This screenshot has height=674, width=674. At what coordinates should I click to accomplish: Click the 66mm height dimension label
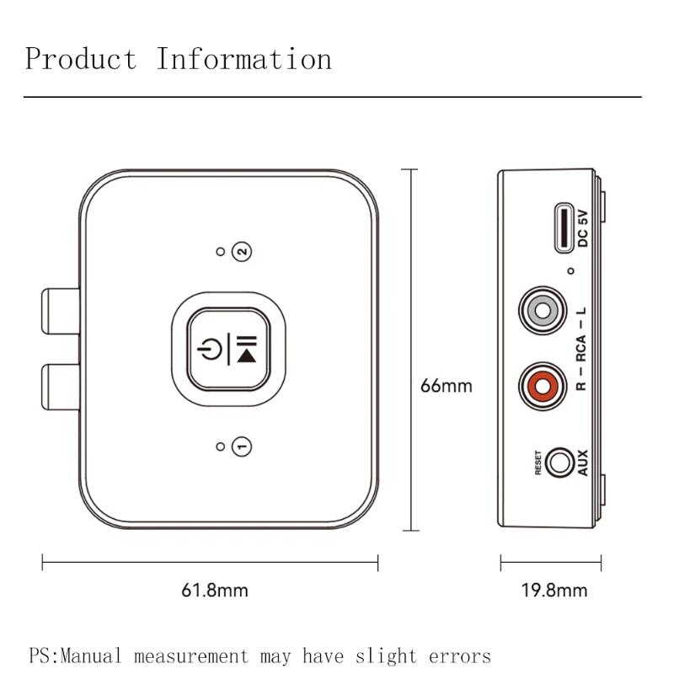pos(447,386)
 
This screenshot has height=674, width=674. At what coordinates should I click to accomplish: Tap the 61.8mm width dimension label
pos(215,590)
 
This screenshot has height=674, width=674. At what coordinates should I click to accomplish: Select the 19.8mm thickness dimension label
pos(554,590)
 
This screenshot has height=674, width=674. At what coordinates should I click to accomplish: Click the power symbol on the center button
pos(210,349)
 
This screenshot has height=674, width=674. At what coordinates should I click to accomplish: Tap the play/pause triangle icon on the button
pos(247,356)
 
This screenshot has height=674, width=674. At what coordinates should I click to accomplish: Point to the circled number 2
pos(242,251)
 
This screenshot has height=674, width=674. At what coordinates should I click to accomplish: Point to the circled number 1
pos(242,447)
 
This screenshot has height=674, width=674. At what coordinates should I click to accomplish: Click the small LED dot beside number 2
pos(221,251)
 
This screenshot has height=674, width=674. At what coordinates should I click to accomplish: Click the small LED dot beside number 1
pos(221,447)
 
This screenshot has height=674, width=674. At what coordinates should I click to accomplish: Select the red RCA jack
pos(543,386)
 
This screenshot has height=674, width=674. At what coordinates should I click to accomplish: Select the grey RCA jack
pos(543,310)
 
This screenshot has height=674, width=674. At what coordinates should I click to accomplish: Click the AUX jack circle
pos(559,463)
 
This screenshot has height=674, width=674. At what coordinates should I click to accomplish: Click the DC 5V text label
pos(582,228)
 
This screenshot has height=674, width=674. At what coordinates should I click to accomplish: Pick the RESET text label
pos(538,463)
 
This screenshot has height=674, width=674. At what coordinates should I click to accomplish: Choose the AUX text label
pos(582,463)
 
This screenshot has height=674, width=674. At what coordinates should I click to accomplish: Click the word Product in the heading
pos(81,58)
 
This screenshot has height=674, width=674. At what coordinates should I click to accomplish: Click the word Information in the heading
pos(243,58)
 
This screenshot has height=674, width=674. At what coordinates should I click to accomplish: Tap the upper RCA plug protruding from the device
pos(61,311)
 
